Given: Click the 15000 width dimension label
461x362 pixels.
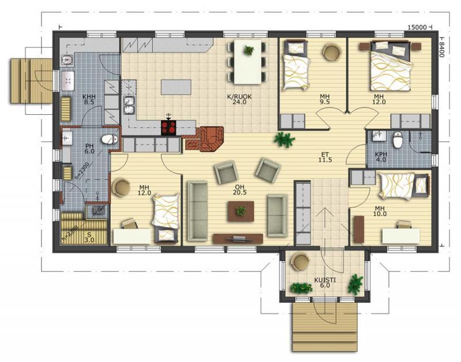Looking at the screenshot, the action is (417, 27).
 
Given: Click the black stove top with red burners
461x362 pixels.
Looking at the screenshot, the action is (168, 128).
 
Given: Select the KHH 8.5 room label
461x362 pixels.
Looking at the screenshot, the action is (89, 99).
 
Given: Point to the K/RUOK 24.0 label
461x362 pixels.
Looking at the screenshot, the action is (239, 99).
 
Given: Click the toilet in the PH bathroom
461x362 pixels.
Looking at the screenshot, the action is (109, 139).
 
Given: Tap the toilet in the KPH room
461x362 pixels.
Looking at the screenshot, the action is (398, 140).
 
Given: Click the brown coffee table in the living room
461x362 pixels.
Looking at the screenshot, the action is (241, 211).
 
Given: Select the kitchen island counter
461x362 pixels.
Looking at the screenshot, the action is (176, 87).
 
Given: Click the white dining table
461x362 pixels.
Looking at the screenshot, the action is (247, 62).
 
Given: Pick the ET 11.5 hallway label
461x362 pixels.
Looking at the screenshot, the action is (325, 157).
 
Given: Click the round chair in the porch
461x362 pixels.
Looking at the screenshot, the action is (300, 262).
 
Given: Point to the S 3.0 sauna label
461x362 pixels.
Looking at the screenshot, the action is (89, 237).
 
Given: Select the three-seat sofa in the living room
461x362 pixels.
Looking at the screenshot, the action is (198, 211).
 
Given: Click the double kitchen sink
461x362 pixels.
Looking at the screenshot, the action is (129, 106).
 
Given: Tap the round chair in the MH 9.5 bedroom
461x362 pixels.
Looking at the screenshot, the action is (332, 52).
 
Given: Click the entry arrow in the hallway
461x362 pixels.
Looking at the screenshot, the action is (325, 227).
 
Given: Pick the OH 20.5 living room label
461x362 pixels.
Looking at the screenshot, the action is (240, 190).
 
